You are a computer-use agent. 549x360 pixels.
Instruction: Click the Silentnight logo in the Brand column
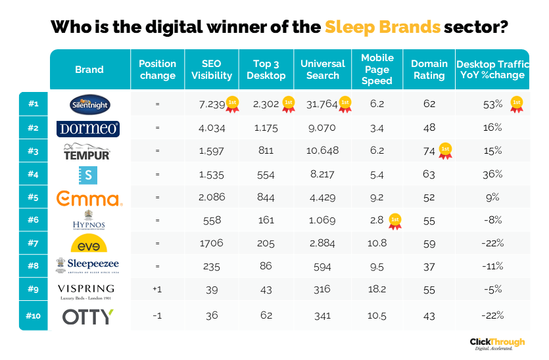tap(89, 104)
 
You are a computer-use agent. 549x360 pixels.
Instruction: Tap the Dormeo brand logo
tap(89, 128)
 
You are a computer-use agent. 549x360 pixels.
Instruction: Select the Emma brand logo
tap(89, 199)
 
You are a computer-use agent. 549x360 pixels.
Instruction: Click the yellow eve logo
tap(89, 244)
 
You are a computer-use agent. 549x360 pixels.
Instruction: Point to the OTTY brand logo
tap(88, 317)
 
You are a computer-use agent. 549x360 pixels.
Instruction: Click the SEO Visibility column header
tap(211, 70)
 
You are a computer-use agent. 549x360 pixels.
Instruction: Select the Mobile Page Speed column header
tap(377, 70)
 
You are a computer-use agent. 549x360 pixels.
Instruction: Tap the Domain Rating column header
tap(429, 70)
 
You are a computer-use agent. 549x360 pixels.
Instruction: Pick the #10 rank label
tap(33, 316)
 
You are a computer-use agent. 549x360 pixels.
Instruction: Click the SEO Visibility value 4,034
tap(211, 127)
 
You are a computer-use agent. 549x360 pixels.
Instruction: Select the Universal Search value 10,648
tap(322, 151)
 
